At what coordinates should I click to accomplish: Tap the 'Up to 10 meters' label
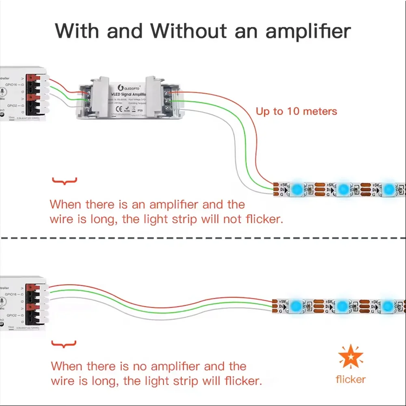[296, 111]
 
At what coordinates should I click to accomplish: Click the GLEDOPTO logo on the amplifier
[128, 87]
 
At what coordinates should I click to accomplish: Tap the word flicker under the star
[350, 379]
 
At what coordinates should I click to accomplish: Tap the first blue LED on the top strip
[298, 189]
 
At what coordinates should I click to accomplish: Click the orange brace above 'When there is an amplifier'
[65, 181]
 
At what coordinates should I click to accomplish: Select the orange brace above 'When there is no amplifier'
[65, 345]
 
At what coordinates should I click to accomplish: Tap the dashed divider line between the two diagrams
[203, 238]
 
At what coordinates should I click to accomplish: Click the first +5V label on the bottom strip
[282, 302]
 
